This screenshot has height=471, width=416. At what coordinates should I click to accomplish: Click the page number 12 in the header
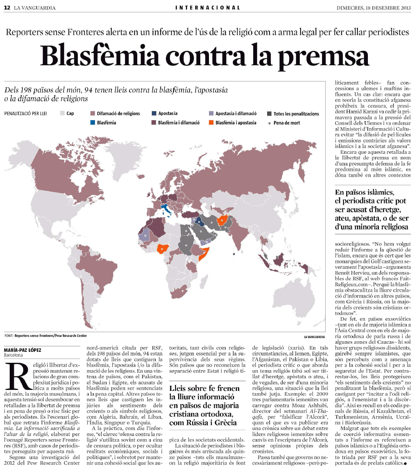pos(7,8)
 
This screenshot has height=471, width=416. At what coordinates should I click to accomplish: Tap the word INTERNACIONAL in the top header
pos(208,8)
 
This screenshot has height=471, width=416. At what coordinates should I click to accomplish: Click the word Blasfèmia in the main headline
pos(100,56)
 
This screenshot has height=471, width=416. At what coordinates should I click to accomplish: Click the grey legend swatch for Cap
pos(63,113)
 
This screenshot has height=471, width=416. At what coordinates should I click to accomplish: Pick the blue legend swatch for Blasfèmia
pos(93,123)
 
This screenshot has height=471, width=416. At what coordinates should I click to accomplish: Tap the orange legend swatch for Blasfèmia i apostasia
pos(211,123)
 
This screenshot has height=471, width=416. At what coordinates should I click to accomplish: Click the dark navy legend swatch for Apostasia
pos(154,113)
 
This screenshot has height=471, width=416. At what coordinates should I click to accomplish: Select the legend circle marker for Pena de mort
pos(269,123)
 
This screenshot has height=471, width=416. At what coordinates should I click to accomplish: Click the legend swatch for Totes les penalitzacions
pos(269,114)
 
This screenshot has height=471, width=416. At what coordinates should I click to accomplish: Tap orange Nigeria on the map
pos(161,248)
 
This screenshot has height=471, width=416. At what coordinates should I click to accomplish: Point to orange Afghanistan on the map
pos(222,220)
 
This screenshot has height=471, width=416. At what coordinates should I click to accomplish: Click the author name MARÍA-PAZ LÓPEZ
pos(23,350)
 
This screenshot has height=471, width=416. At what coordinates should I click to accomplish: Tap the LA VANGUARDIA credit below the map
pos(314,337)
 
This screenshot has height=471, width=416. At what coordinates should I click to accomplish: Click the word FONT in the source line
pos(8,336)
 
